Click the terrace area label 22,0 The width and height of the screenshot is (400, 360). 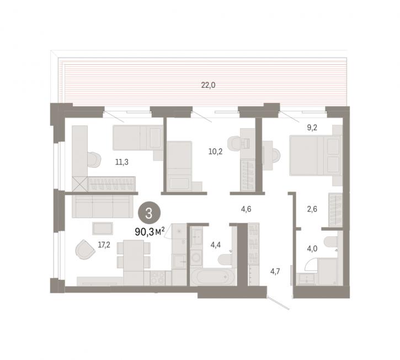pos(208,85)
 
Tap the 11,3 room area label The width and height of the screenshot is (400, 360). pos(122,162)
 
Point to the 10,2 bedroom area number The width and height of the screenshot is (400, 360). pos(215,152)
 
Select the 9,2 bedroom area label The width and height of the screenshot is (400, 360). pos(312,128)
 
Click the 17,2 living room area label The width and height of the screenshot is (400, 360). pos(104,245)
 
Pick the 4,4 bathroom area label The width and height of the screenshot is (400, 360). pos(216,245)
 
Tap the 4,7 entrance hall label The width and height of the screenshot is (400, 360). pos(275,271)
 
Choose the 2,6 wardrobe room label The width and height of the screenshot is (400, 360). pos(312,209)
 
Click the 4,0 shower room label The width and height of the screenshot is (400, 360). pos(312,248)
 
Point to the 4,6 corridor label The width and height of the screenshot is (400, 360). pos(246,209)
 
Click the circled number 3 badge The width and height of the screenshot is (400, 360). pos(149,213)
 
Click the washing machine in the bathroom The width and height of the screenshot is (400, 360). pos(196,257)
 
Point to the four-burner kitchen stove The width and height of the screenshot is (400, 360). pos(158,278)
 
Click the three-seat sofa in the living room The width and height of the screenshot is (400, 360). pos(103,207)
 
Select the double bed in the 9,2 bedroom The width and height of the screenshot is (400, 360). pos(315,156)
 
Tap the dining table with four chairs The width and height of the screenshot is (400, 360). pos(134,255)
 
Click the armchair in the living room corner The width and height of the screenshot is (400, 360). pos(85,250)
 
